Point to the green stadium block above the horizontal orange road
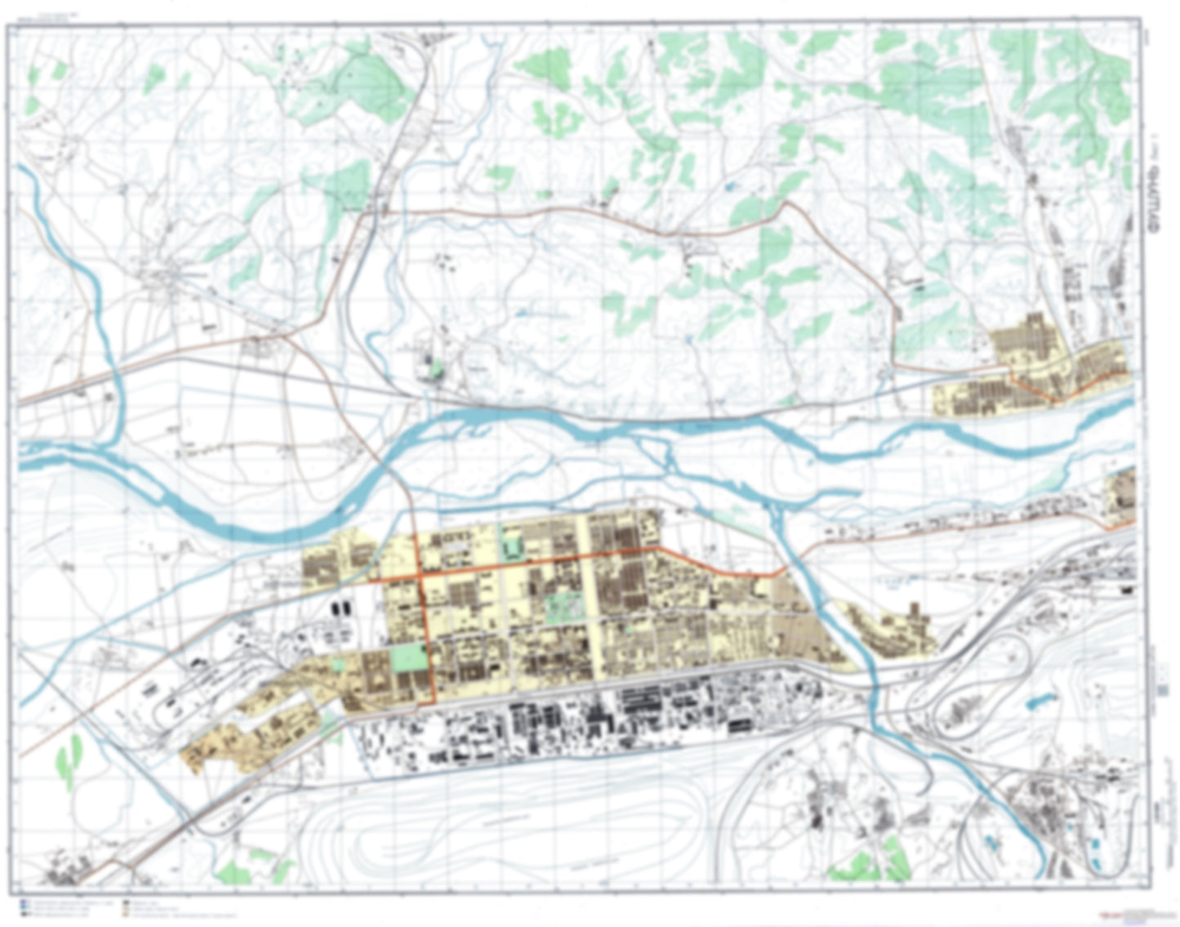514,544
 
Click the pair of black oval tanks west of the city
341,608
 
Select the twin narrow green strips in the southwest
69,759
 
